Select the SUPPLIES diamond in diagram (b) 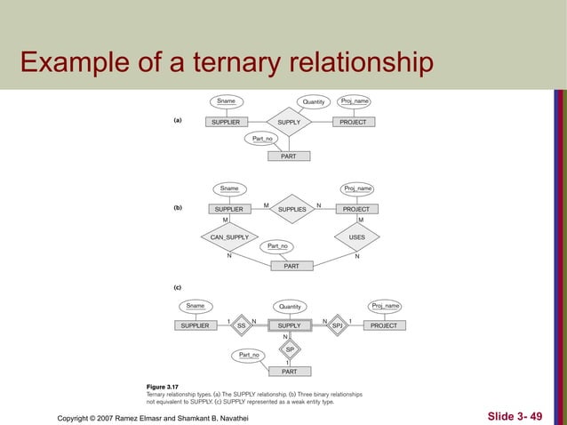[x=292, y=209]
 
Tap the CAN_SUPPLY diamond [x=229, y=237]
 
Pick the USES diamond [x=357, y=237]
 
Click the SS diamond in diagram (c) [x=241, y=326]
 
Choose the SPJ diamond [x=338, y=326]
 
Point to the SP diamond [x=290, y=349]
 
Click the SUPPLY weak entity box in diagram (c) [x=290, y=326]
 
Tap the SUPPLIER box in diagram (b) [x=229, y=209]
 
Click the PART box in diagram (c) [x=290, y=372]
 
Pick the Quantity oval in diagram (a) [x=314, y=101]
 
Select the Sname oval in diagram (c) [x=196, y=306]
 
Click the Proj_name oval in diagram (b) [x=357, y=188]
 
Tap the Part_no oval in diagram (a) [x=263, y=139]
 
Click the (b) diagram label [x=178, y=208]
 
